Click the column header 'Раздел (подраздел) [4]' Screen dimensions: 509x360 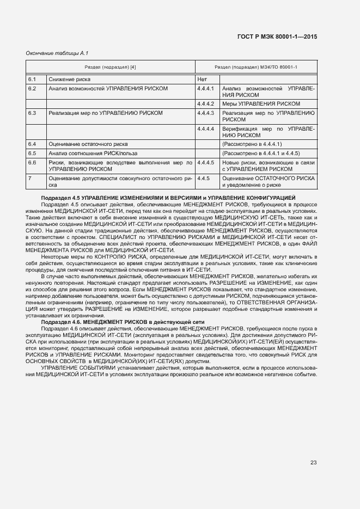coord(111,67)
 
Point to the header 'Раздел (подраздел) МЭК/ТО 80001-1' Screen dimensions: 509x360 coord(256,67)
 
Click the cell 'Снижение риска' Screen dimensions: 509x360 coord(65,79)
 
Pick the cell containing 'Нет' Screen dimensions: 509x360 coord(202,79)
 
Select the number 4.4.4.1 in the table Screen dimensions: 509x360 coord(206,88)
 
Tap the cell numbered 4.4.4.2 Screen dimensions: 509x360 coord(206,103)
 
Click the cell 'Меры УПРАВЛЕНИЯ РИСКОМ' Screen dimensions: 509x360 coord(261,103)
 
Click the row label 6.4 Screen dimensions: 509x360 coord(32,144)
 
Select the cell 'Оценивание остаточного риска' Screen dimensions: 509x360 coord(88,144)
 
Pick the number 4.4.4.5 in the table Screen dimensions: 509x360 coord(206,163)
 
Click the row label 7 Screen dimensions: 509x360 coord(30,178)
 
